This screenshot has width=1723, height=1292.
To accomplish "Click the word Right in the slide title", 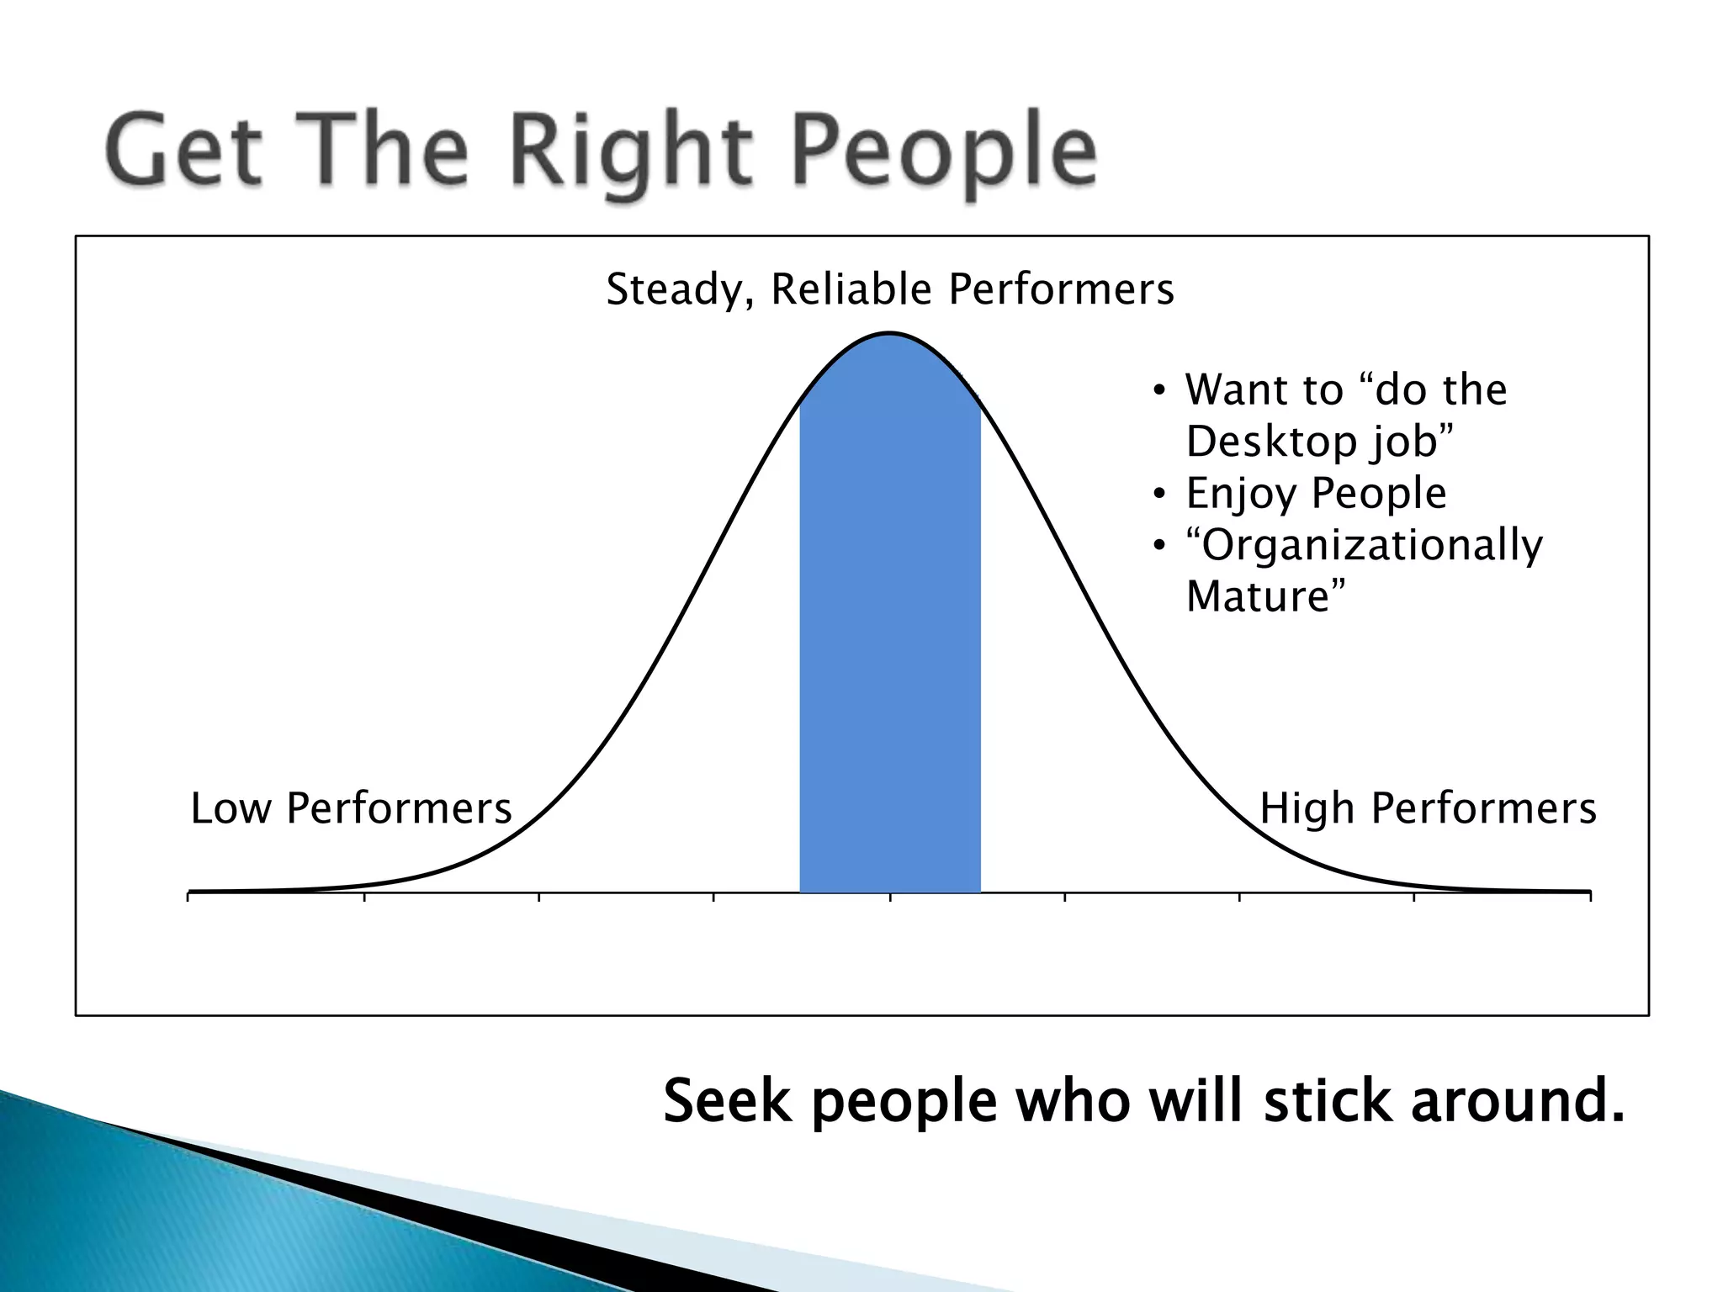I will click(631, 151).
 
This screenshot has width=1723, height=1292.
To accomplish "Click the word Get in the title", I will click(183, 151).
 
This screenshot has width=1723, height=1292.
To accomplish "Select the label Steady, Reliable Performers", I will click(889, 290).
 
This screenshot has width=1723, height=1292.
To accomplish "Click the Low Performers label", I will click(351, 809).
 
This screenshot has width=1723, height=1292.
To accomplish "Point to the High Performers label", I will click(1428, 809).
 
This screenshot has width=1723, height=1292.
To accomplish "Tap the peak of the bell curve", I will click(889, 336).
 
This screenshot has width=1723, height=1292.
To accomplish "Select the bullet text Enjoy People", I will click(1316, 494).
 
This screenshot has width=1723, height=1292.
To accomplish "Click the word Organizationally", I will click(1371, 546).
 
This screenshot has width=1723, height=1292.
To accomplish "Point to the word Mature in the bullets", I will click(1258, 597).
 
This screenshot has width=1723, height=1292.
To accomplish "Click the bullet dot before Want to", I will click(1160, 391).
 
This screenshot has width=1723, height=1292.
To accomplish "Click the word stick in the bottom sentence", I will click(1327, 1101).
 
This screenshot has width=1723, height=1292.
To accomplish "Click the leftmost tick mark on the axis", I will click(188, 897).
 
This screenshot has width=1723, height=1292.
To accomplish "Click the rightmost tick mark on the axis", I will click(1590, 897).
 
